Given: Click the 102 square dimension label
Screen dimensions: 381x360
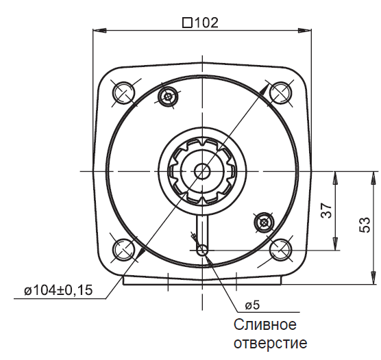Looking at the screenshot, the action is pyautogui.click(x=201, y=23).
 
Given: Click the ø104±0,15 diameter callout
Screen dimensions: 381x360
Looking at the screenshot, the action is pyautogui.click(x=58, y=290).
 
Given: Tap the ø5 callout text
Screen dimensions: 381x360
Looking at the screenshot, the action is pyautogui.click(x=252, y=305).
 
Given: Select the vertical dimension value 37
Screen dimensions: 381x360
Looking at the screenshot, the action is pyautogui.click(x=326, y=211).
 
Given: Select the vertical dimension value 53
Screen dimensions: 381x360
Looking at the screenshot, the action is pyautogui.click(x=365, y=224).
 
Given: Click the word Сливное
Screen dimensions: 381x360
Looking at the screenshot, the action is pyautogui.click(x=265, y=324).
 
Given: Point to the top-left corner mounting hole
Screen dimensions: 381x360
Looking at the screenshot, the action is pyautogui.click(x=123, y=93).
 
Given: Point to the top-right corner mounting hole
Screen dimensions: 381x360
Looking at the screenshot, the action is pyautogui.click(x=281, y=93).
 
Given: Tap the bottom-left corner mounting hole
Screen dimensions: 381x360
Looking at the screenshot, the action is pyautogui.click(x=123, y=250).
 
